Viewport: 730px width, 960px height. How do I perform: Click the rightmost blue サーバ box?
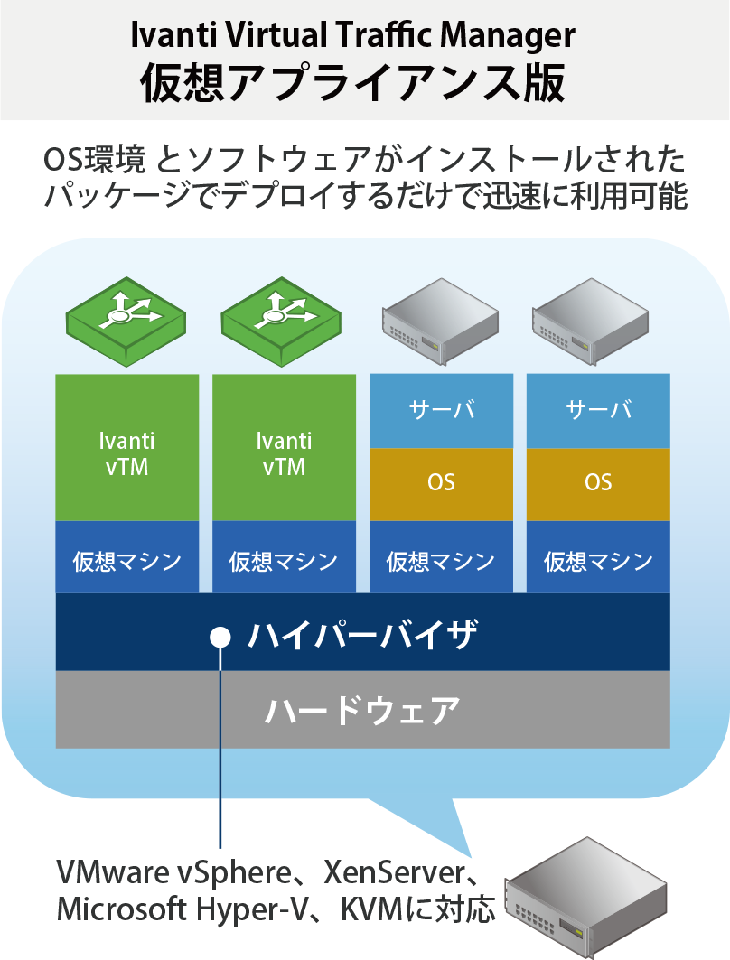pos(598,411)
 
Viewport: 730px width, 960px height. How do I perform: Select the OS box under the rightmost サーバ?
pos(598,483)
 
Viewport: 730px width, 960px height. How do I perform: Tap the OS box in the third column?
pos(441,483)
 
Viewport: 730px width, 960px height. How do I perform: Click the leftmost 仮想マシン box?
pos(126,561)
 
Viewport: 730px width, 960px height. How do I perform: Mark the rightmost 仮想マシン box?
pos(598,561)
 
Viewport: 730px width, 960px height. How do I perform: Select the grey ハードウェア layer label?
pos(362,710)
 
